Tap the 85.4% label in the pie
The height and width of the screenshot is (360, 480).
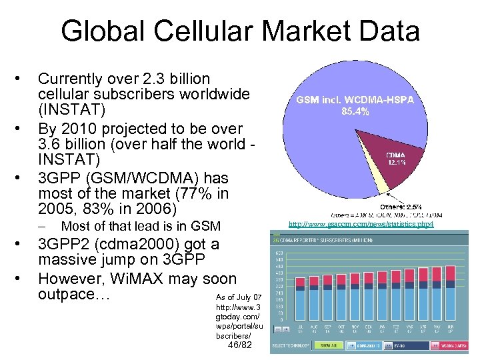pyautogui.click(x=364, y=112)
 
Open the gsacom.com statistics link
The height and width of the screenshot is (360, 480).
pyautogui.click(x=361, y=225)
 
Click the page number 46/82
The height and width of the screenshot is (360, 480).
pyautogui.click(x=239, y=345)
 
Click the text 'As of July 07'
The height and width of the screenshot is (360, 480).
pyautogui.click(x=239, y=296)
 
